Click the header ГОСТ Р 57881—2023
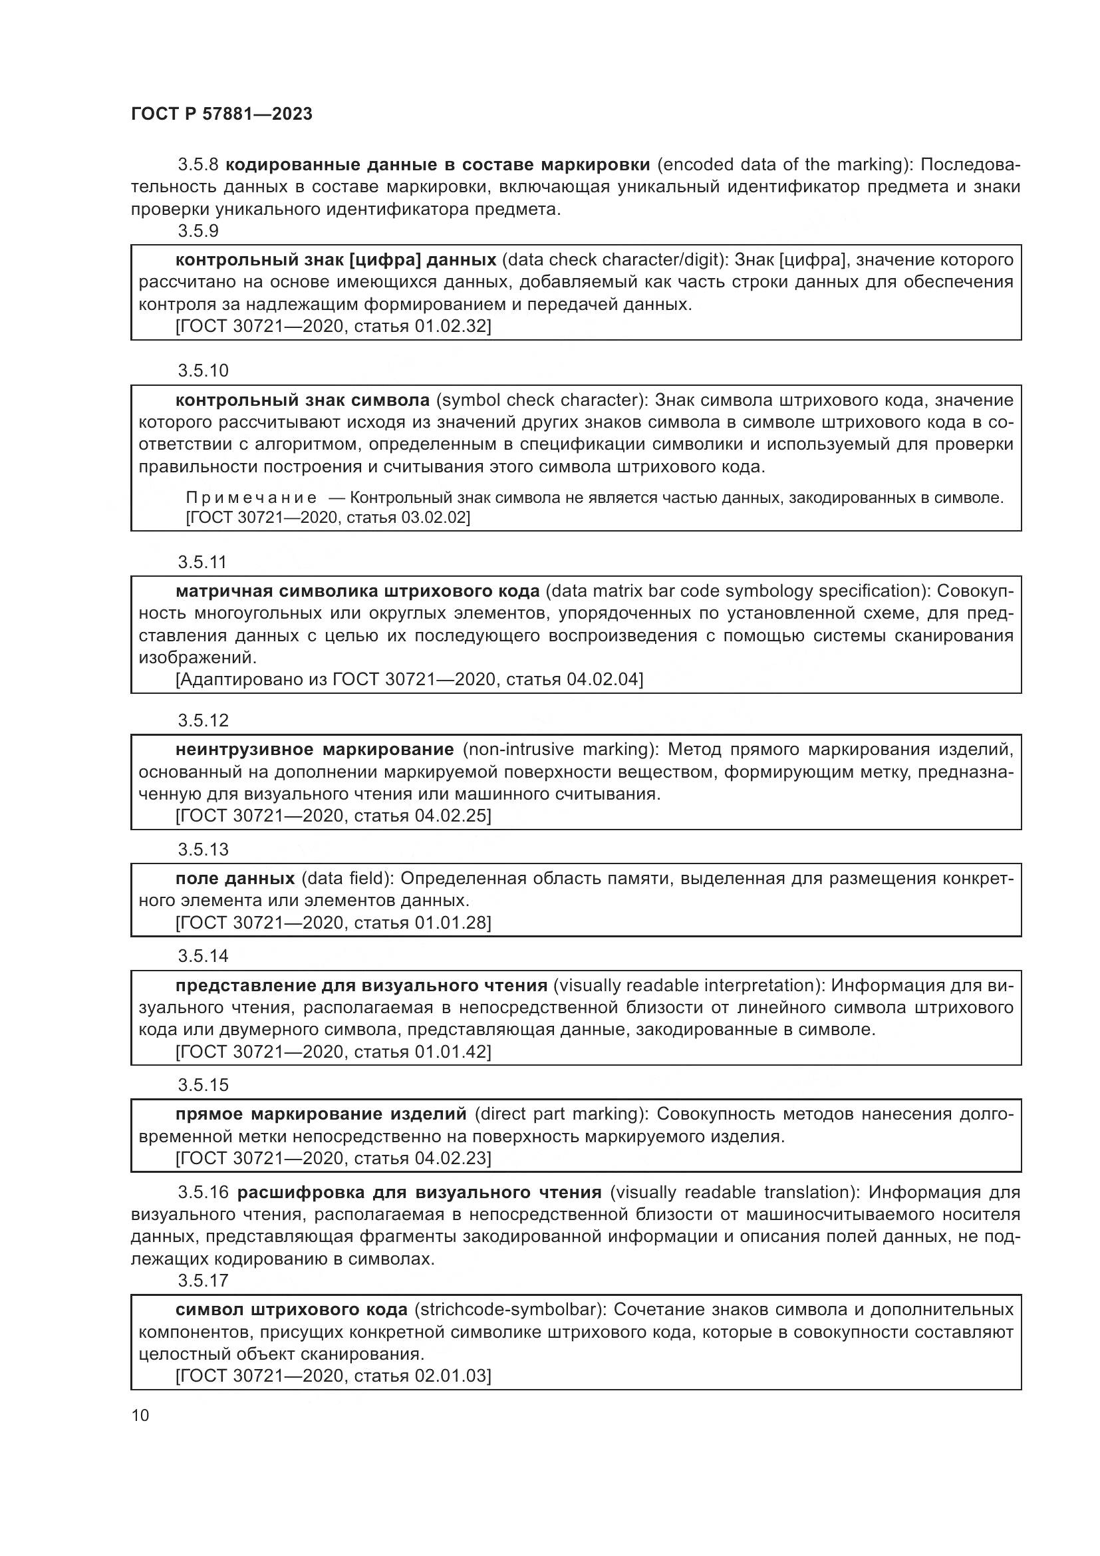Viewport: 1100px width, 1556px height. [x=221, y=114]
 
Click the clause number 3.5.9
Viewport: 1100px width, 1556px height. [x=198, y=231]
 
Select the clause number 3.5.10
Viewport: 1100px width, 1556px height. [x=204, y=371]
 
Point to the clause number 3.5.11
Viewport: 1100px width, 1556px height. [x=202, y=562]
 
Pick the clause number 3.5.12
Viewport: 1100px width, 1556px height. [x=204, y=720]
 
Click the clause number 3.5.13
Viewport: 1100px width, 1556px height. [x=204, y=849]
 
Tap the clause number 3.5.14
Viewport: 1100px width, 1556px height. [x=204, y=956]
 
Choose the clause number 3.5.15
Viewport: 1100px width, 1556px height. [x=204, y=1085]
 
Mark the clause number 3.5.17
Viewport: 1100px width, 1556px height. [x=204, y=1280]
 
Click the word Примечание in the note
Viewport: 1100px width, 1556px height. [x=251, y=498]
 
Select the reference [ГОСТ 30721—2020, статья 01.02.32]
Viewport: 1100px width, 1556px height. [x=333, y=326]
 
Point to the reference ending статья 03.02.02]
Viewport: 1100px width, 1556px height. [x=328, y=518]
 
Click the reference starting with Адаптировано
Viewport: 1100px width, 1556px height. [x=409, y=679]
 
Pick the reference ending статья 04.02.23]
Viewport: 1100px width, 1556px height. [x=333, y=1158]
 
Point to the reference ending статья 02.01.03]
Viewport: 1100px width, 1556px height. [x=333, y=1376]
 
